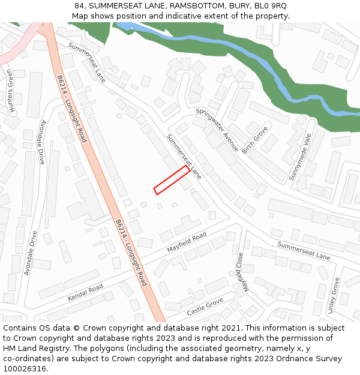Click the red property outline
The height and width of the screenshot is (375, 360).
click(172, 180)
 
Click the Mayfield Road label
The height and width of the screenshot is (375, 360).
click(187, 242)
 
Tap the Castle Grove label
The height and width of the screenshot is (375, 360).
click(205, 307)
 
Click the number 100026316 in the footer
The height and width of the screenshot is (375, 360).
click(24, 369)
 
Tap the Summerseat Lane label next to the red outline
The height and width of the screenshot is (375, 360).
click(184, 157)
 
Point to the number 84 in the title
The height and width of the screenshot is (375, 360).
click(80, 6)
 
